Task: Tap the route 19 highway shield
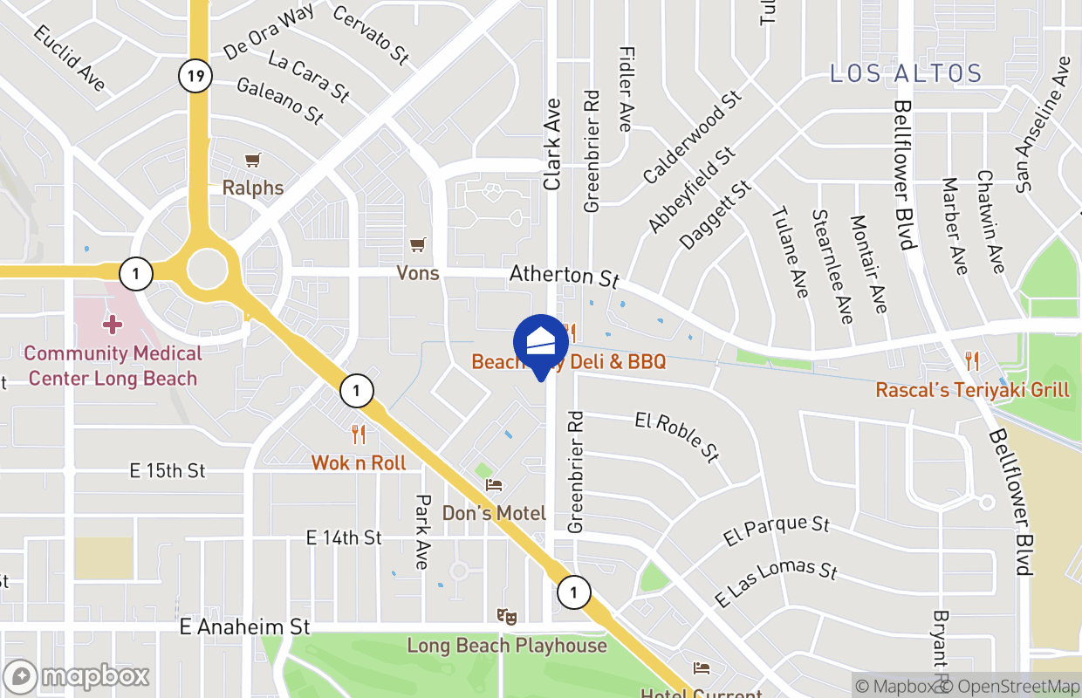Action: (195, 76)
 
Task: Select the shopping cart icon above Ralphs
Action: (253, 161)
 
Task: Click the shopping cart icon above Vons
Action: (419, 245)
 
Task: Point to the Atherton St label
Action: (565, 276)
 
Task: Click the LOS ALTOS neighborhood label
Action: (906, 73)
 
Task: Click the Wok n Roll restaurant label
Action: (359, 462)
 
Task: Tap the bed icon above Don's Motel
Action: (495, 484)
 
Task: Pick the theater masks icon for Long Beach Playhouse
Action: (506, 617)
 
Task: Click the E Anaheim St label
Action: (245, 627)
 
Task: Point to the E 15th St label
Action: (168, 471)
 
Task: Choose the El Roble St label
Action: (677, 435)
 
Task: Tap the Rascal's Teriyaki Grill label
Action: (972, 389)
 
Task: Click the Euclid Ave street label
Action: (70, 58)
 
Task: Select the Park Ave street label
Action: (422, 531)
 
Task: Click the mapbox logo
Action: (77, 677)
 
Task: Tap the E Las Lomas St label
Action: (776, 583)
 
